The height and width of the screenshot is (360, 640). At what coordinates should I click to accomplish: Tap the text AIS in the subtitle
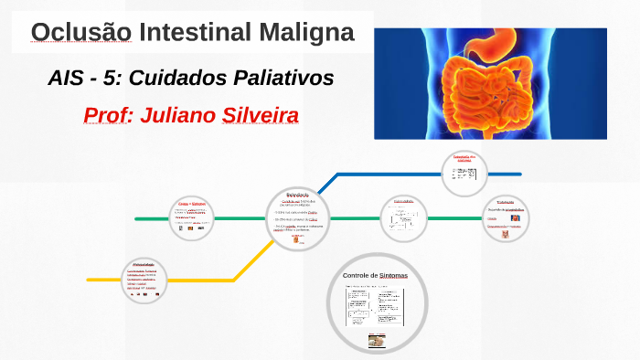click(x=68, y=79)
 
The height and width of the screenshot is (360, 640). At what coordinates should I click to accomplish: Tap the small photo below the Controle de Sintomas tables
click(x=377, y=341)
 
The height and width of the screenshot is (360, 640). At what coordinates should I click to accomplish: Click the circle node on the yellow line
click(x=148, y=280)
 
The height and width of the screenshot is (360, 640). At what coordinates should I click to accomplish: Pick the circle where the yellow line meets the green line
click(x=296, y=217)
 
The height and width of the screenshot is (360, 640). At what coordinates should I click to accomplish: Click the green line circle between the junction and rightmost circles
click(x=402, y=217)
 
